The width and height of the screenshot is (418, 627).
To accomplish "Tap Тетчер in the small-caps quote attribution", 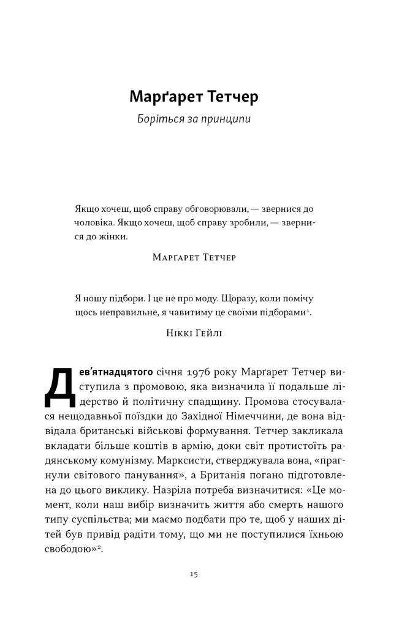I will click(214, 258).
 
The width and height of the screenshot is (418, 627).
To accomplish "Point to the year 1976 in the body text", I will click(185, 372).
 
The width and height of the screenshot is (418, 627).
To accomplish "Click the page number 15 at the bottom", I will click(193, 574).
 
